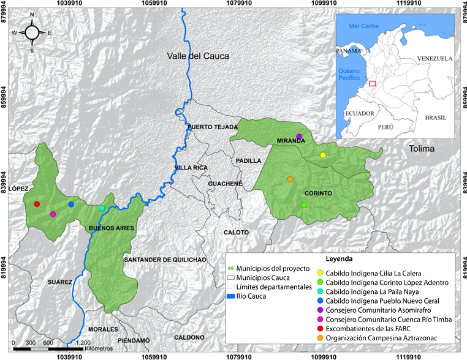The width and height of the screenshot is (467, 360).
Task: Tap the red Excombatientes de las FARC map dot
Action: click(x=37, y=204)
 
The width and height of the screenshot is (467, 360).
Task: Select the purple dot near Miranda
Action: click(x=299, y=136)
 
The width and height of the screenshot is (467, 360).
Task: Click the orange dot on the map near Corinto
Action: click(x=290, y=179)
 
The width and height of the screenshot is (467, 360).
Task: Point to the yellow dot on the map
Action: click(x=323, y=155)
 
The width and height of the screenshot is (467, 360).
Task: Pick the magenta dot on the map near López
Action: click(x=53, y=214)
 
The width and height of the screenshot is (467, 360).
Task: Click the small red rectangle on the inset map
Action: click(x=372, y=83)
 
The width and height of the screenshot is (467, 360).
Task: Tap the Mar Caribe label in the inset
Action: click(x=361, y=26)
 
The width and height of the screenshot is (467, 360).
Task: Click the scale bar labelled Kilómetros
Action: click(x=49, y=348)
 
